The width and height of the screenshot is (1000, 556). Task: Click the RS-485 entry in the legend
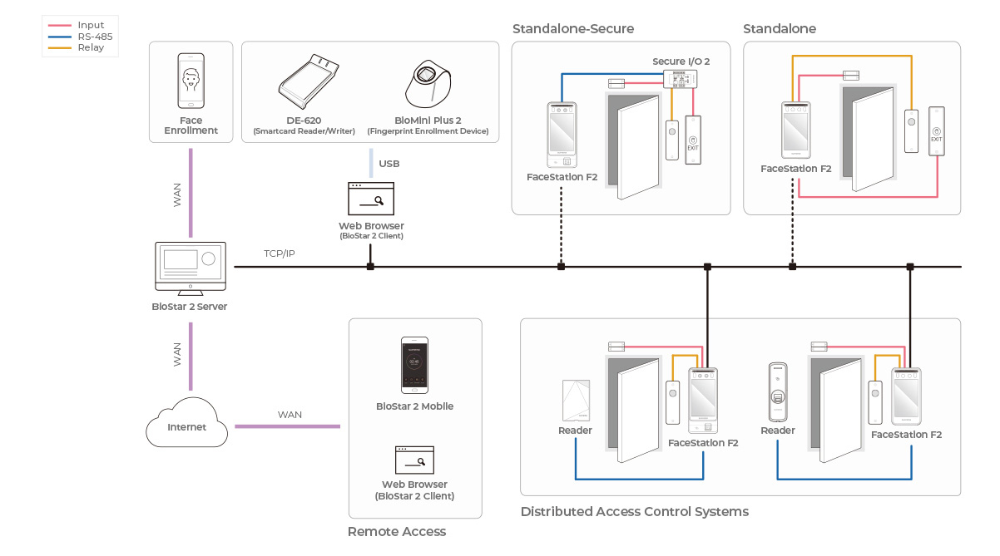pos(95,37)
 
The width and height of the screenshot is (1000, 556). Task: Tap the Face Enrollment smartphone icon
pos(191,81)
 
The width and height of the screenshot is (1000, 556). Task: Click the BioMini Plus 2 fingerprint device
pos(428,83)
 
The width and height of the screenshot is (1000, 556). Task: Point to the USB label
pos(389,164)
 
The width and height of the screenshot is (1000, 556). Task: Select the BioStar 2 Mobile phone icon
pos(414,365)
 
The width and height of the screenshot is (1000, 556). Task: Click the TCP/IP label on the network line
pos(280,253)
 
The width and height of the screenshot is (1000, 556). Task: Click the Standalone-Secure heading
pos(573,29)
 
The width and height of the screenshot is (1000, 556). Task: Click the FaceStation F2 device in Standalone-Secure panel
pos(562,135)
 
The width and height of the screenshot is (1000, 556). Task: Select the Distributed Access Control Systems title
pos(634,512)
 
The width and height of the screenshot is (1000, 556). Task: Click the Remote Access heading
pos(397,532)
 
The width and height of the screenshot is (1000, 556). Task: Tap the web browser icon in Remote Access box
pos(414,460)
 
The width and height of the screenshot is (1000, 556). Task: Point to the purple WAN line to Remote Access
pos(287,426)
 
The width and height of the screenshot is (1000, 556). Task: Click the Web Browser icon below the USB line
pos(371,199)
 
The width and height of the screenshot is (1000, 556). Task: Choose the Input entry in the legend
pos(91,26)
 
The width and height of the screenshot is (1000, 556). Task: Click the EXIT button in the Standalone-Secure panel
pos(693,140)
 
